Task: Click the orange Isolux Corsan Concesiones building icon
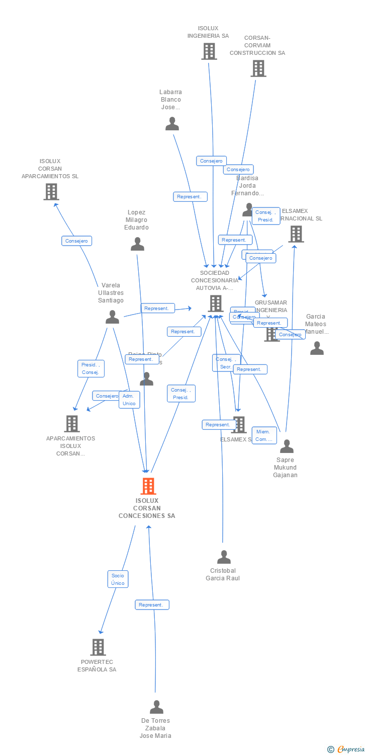coord(148,486)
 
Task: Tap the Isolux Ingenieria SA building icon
coord(209,51)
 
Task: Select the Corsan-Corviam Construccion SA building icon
coord(258,68)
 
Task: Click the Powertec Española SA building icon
coord(98,647)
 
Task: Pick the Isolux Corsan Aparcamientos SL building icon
coord(51,192)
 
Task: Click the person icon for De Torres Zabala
coord(156,707)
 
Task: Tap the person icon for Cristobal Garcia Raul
coord(224,557)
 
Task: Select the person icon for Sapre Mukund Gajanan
coord(287,446)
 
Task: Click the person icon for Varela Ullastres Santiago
coord(112,317)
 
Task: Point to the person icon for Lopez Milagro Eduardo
coord(137,244)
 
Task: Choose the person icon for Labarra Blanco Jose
coord(172,124)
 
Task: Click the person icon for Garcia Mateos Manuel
coord(317,348)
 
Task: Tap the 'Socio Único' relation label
coord(118,579)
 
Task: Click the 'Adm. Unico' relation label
coord(129,400)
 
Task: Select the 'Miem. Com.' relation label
coord(264,435)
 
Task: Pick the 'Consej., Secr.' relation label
coord(226,362)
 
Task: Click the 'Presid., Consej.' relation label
coord(91,368)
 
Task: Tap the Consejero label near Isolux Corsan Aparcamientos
coord(76,241)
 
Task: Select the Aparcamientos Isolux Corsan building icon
coord(72,424)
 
